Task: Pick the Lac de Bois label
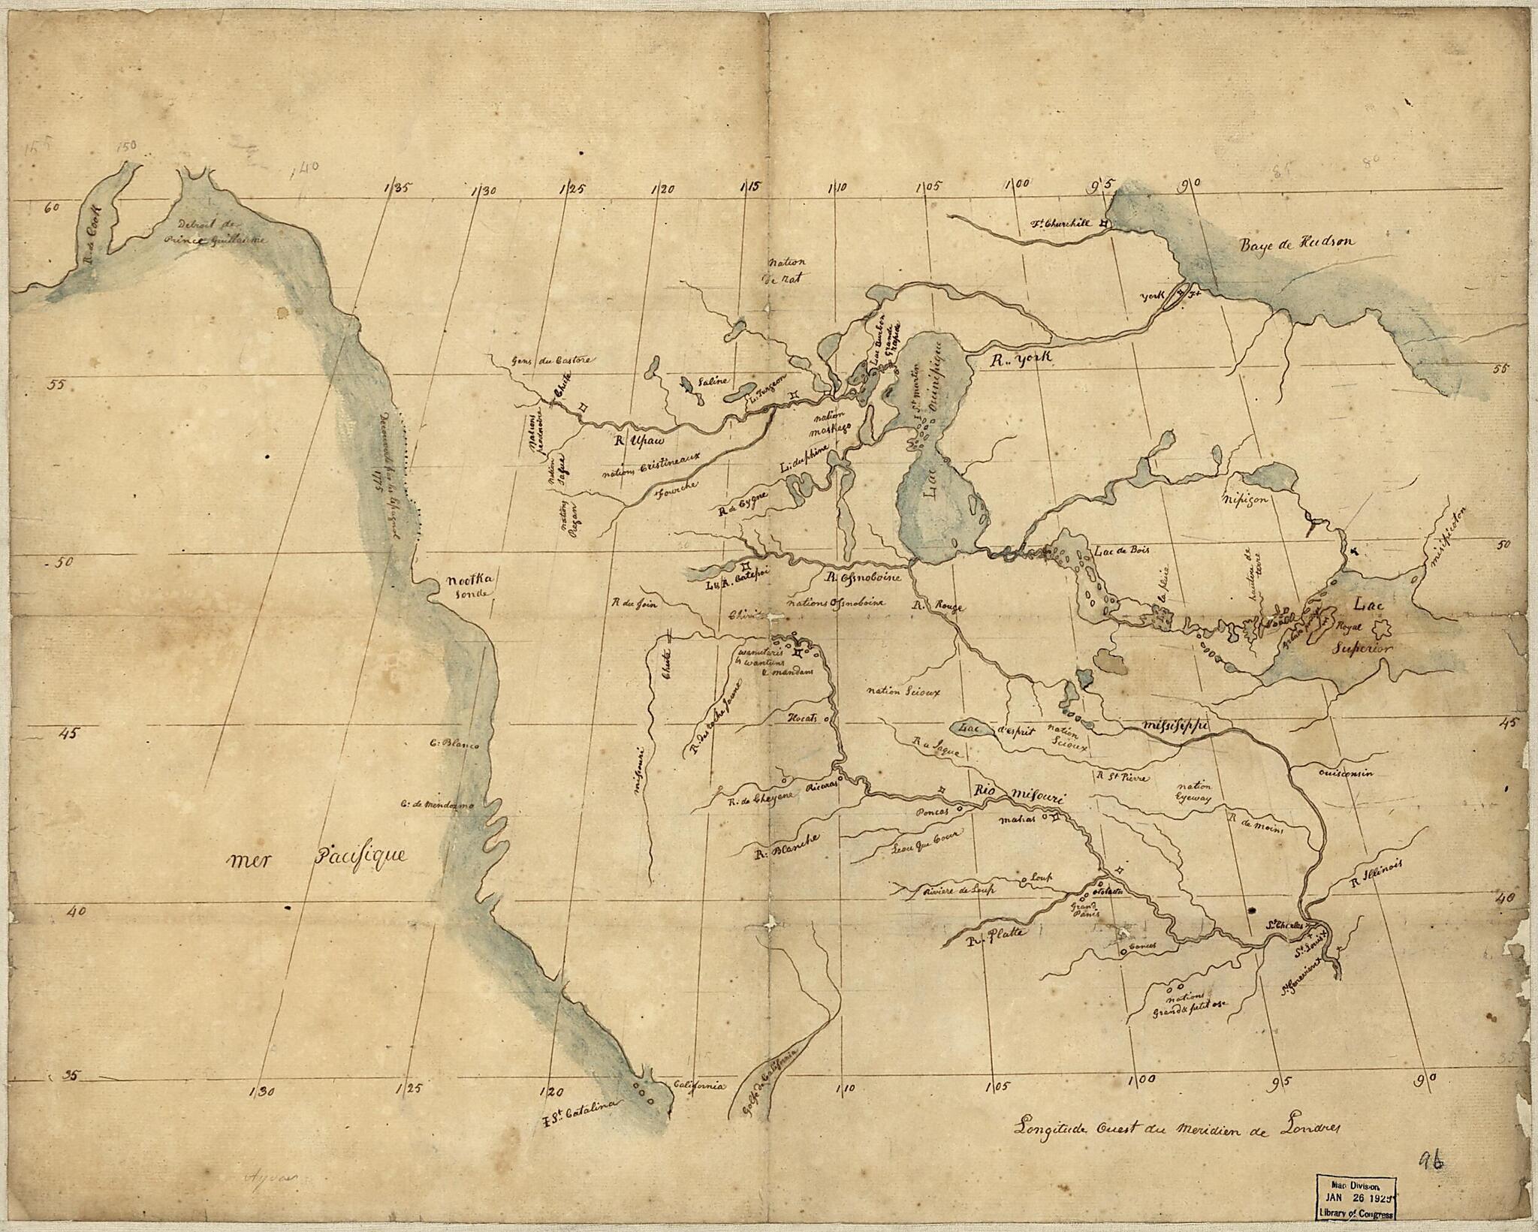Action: coord(1119,550)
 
